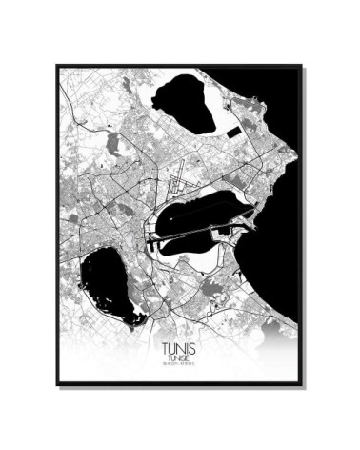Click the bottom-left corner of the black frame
(57, 384)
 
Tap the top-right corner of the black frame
(302, 66)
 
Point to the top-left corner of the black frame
(57, 66)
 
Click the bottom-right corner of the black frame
(302, 384)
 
